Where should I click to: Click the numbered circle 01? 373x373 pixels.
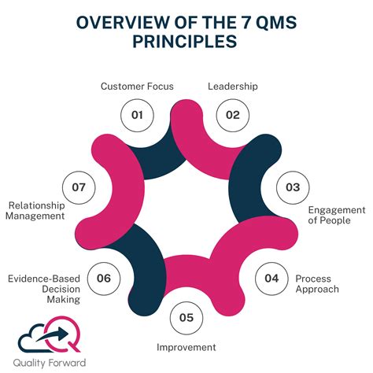(x=138, y=115)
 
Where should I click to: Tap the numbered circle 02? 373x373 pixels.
(x=232, y=115)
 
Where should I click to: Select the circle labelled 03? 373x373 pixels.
(x=292, y=186)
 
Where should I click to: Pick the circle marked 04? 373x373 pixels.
(x=271, y=278)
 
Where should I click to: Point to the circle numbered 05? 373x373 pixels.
(x=186, y=318)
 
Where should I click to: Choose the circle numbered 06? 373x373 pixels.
(x=103, y=278)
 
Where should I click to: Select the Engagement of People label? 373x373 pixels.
(x=337, y=216)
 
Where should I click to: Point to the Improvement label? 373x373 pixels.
(x=186, y=347)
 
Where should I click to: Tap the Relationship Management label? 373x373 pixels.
(x=35, y=210)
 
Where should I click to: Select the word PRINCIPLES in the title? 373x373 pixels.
(x=186, y=41)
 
